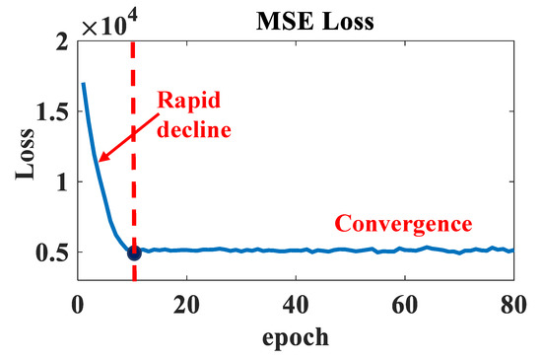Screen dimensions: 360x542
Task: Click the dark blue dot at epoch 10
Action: [x=134, y=252]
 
